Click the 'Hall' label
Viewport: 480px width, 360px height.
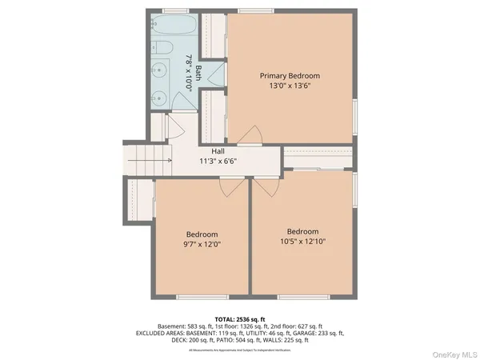[218, 151]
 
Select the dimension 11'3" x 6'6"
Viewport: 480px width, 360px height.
[218, 161]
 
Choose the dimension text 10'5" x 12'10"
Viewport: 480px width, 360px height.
[302, 242]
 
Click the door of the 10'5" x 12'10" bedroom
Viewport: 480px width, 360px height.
[266, 187]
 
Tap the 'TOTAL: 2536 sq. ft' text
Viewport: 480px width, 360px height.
[240, 319]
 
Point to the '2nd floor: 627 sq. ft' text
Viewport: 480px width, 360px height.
[295, 326]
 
